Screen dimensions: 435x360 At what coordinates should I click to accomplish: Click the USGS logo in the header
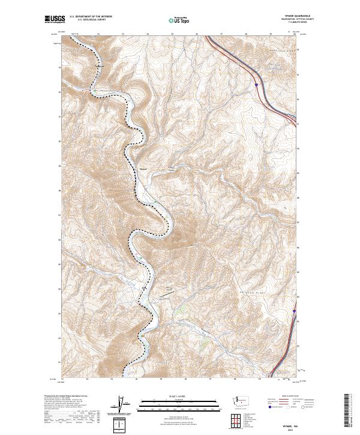[55, 20]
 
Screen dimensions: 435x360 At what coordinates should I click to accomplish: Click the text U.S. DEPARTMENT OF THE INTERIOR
[91, 17]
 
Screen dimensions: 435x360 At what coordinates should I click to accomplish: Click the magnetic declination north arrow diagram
[121, 407]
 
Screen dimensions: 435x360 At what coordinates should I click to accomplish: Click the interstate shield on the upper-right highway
[256, 86]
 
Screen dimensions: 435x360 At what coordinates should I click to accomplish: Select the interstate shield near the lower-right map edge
[294, 311]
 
